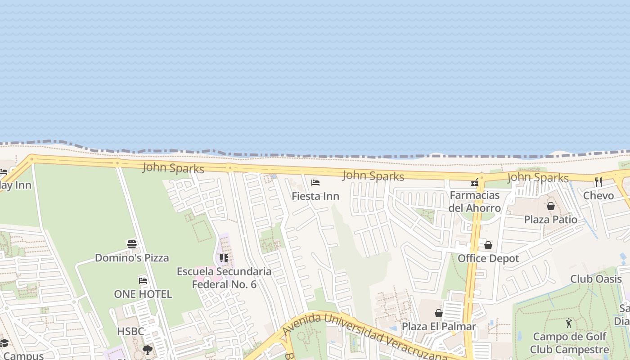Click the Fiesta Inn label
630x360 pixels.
(315, 196)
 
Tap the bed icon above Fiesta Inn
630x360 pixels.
(315, 183)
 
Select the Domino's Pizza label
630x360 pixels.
(132, 258)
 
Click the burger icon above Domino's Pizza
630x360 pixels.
(131, 244)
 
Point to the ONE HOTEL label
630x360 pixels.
(143, 294)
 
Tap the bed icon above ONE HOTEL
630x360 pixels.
(143, 280)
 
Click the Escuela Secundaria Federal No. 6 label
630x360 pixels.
(224, 278)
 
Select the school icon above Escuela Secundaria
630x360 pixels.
(224, 258)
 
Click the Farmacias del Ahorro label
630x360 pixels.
(474, 202)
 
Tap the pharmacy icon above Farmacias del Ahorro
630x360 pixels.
(475, 182)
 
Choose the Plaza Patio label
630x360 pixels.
(550, 220)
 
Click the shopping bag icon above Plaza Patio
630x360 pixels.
(550, 206)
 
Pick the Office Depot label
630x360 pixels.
(488, 258)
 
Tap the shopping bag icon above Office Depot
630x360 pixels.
(488, 245)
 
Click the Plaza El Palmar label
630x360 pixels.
(438, 326)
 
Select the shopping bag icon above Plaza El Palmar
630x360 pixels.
(439, 313)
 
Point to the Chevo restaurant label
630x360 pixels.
(598, 196)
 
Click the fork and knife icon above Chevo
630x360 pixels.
(598, 182)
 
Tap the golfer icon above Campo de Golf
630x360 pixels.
(569, 323)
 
